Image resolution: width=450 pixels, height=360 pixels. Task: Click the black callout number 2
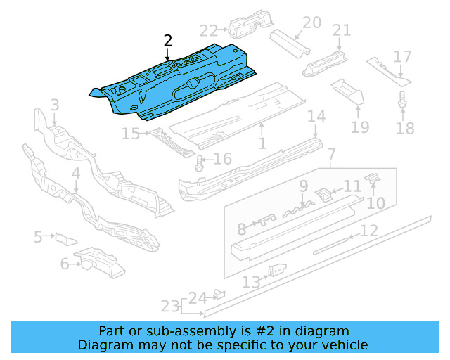168,41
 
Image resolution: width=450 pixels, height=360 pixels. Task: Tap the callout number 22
209,31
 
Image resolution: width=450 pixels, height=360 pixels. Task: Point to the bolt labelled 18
402,100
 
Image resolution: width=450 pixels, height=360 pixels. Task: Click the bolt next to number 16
198,164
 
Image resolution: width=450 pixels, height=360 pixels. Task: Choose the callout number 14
316,116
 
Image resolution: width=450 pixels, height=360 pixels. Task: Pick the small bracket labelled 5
66,239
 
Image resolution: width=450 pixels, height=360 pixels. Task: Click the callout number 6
65,264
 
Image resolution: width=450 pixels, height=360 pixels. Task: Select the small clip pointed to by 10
373,178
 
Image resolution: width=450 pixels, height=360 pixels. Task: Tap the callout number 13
252,282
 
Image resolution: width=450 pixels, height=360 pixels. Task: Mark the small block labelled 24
219,295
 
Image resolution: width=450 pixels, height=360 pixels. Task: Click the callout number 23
170,306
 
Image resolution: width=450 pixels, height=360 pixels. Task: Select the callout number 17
402,56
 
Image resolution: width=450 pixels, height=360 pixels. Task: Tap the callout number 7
331,154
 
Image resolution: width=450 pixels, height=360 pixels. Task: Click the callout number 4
76,174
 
